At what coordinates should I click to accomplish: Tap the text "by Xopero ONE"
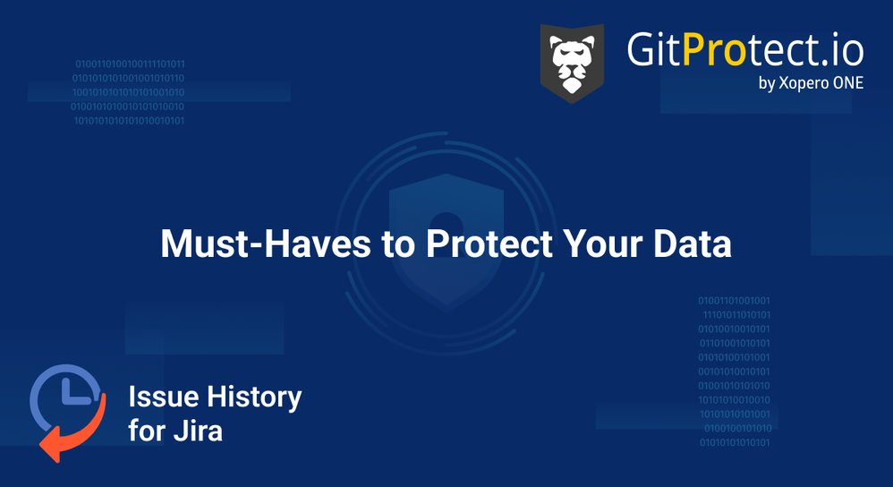tap(810, 83)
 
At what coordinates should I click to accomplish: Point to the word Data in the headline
tap(692, 244)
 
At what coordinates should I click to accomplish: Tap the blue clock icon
tap(64, 397)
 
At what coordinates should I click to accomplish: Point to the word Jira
tap(198, 431)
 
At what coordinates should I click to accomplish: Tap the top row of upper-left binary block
tap(130, 64)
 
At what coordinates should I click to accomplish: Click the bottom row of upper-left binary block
tap(129, 120)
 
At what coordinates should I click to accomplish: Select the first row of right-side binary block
tap(734, 301)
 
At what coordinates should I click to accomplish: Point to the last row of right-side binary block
tap(735, 442)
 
